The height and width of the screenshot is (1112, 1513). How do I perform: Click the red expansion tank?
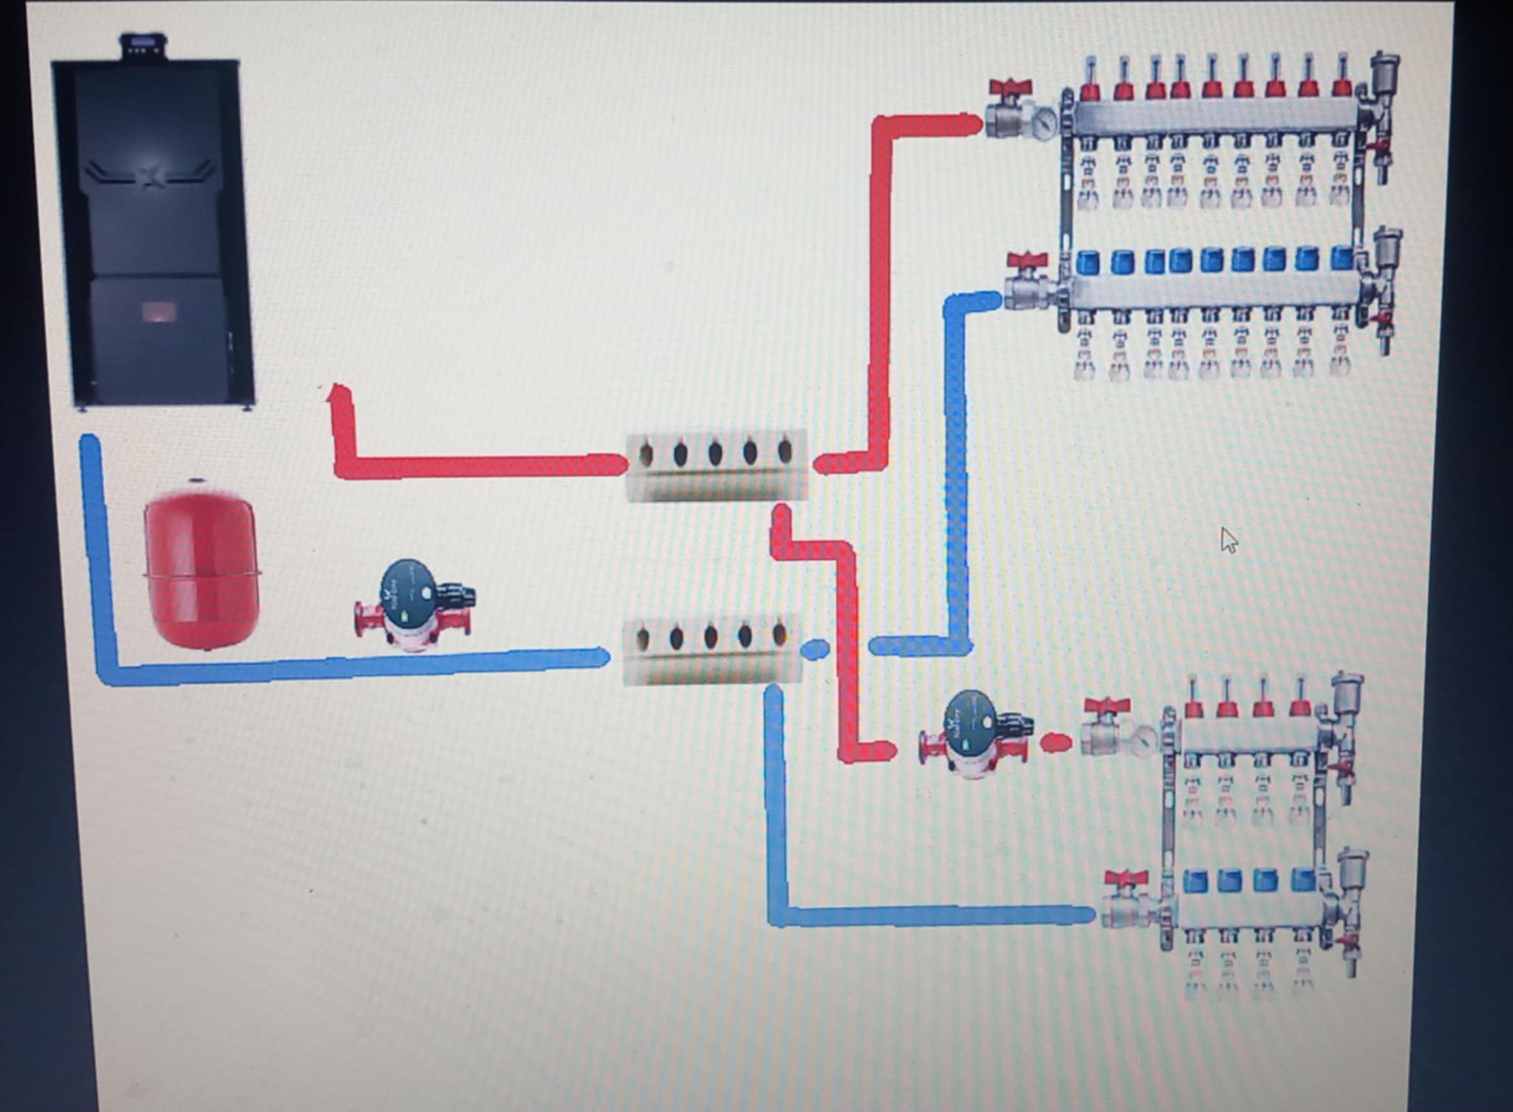[200, 565]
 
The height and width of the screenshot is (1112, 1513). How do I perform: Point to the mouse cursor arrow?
[1227, 539]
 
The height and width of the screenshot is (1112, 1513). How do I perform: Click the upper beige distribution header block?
[715, 465]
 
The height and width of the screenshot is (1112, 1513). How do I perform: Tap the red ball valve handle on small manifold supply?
[1106, 706]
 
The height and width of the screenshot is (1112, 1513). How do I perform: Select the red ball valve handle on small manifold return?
[1124, 879]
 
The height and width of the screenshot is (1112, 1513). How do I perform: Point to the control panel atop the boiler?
[145, 46]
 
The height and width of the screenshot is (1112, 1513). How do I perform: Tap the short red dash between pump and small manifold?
[1056, 742]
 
